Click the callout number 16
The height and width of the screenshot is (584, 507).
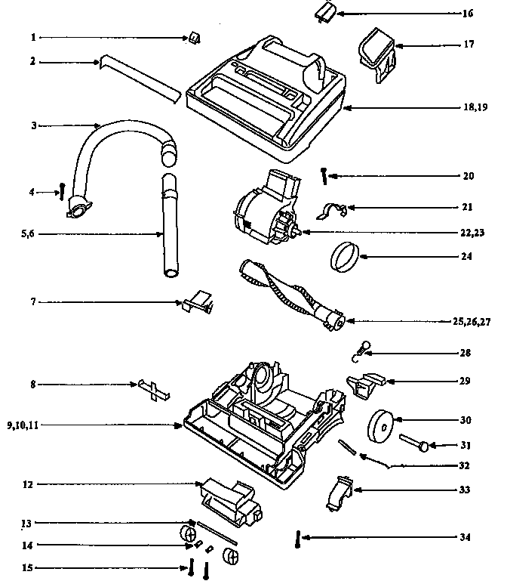pyautogui.click(x=468, y=14)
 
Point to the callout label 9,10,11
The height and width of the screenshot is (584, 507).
pyautogui.click(x=23, y=426)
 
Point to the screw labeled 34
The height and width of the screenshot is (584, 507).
pyautogui.click(x=299, y=541)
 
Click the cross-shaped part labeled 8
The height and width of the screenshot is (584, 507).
pyautogui.click(x=155, y=388)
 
